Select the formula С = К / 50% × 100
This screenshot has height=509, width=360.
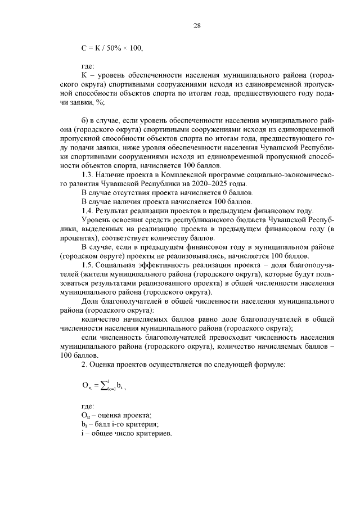click(x=112, y=49)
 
